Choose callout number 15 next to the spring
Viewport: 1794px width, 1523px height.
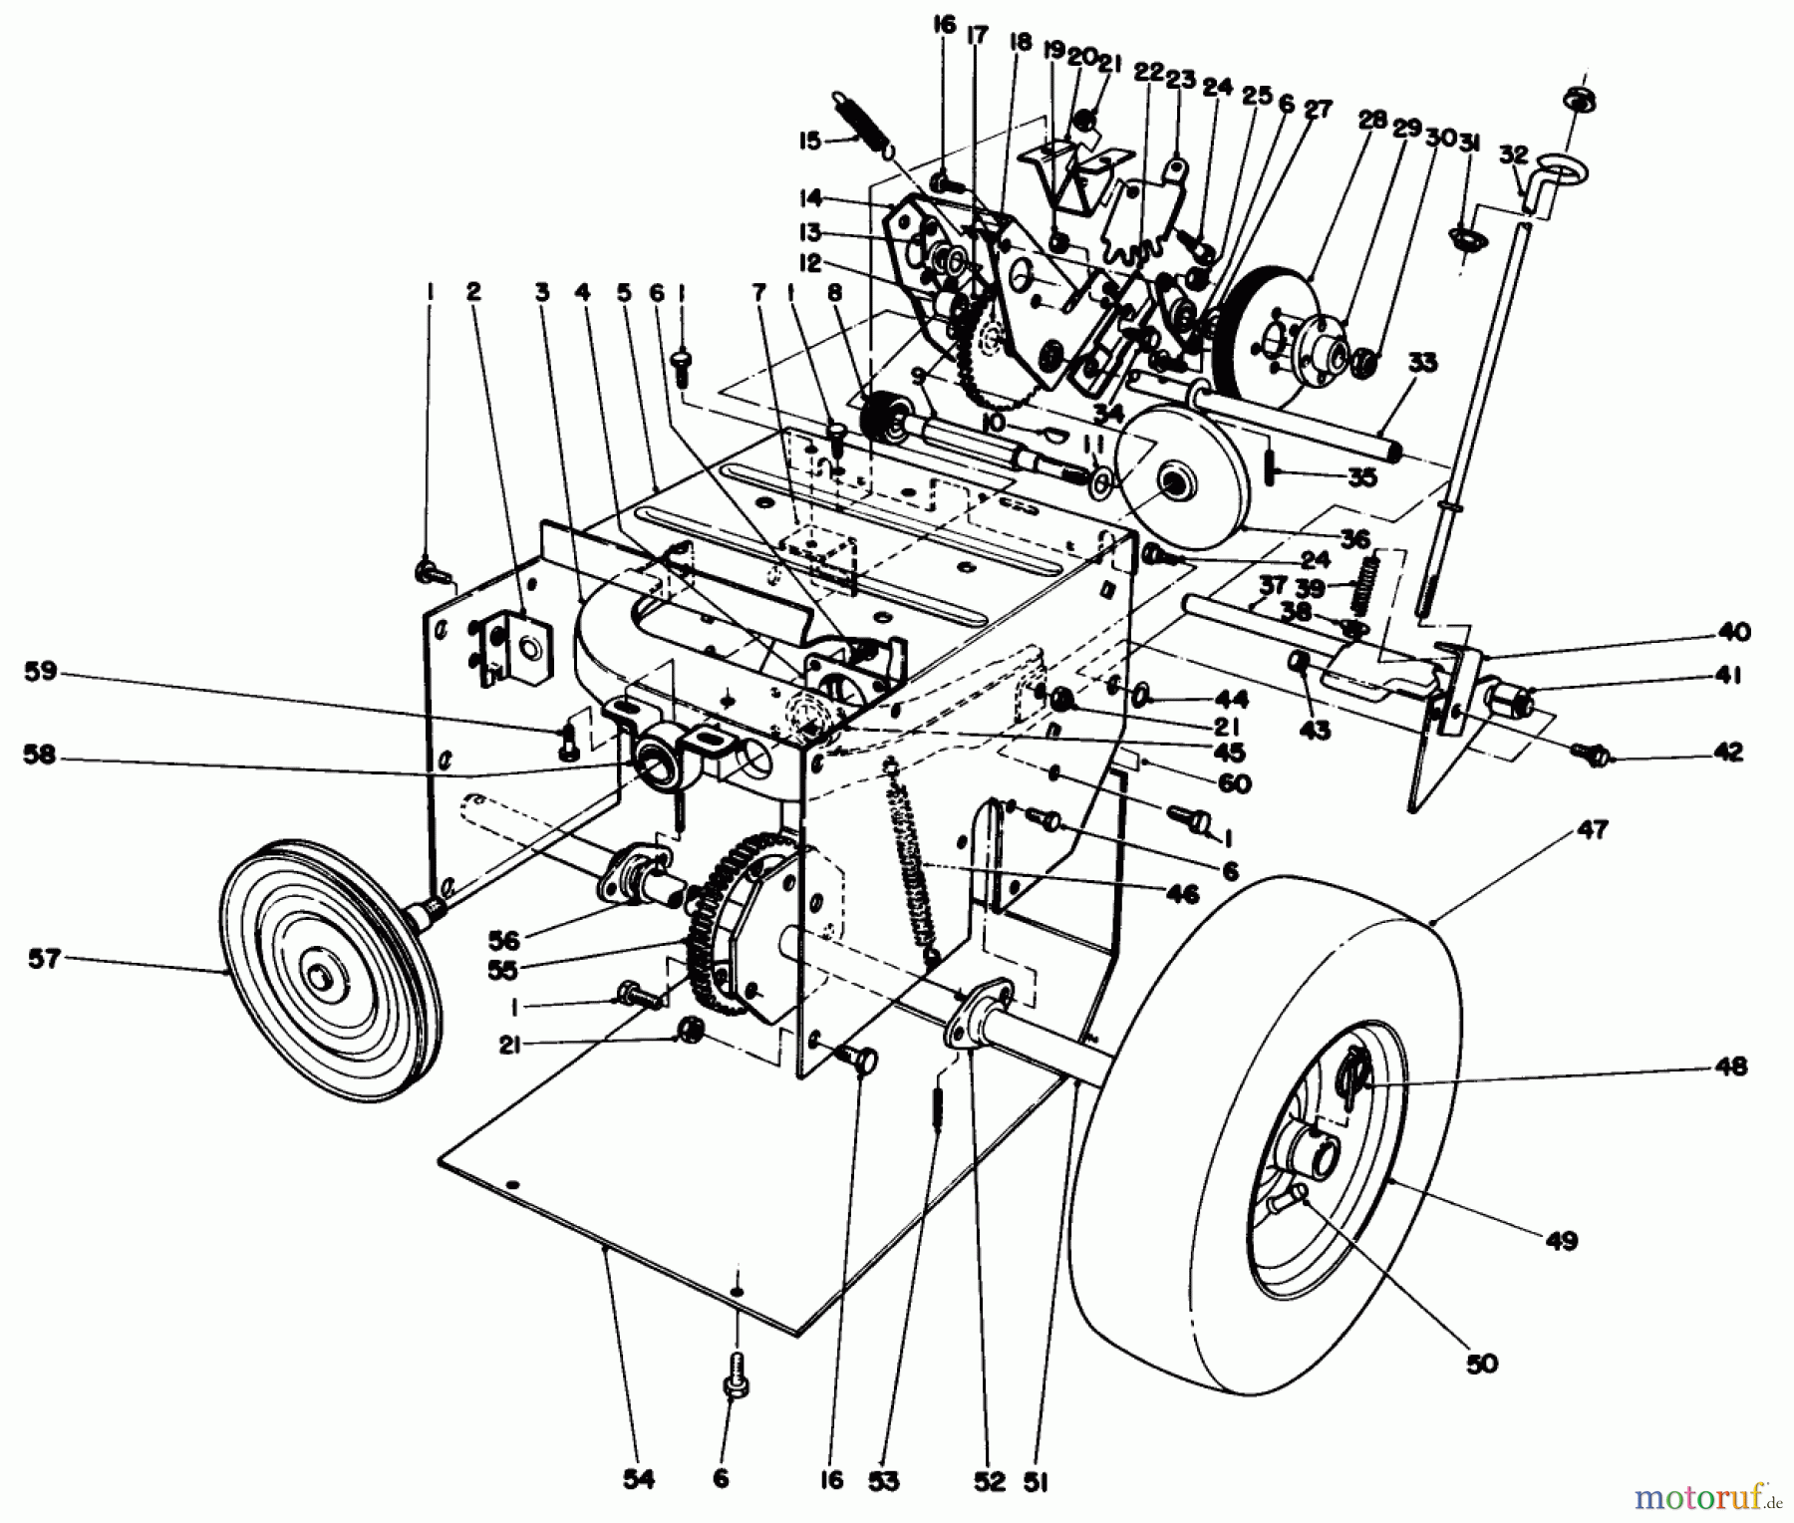[809, 140]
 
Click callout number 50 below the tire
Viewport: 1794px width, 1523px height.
[1482, 1362]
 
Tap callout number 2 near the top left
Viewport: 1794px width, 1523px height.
[472, 290]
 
